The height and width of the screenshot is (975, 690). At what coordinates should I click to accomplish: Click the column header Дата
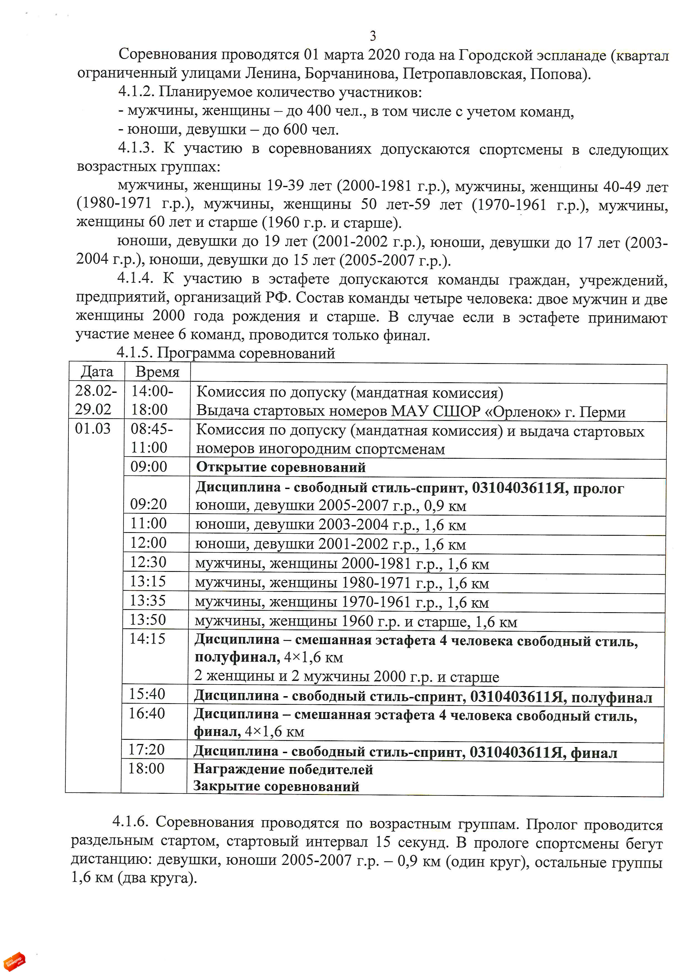97,372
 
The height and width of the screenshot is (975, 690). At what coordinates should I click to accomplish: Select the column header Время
157,372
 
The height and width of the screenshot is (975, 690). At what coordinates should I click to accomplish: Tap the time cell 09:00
149,467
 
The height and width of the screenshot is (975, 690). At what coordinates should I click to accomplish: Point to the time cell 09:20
148,504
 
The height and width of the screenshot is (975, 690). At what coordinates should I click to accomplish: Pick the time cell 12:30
148,562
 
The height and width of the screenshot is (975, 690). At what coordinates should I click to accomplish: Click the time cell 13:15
148,581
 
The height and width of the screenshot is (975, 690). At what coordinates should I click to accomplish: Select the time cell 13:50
147,620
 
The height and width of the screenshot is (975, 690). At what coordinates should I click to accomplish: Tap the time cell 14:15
147,639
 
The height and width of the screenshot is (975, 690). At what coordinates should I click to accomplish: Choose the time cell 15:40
147,694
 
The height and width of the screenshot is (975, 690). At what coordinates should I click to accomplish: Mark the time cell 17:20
146,750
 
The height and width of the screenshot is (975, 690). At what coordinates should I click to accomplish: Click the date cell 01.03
93,428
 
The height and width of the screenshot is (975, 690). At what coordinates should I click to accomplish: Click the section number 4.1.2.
136,92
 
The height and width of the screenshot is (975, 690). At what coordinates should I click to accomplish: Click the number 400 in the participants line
319,111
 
